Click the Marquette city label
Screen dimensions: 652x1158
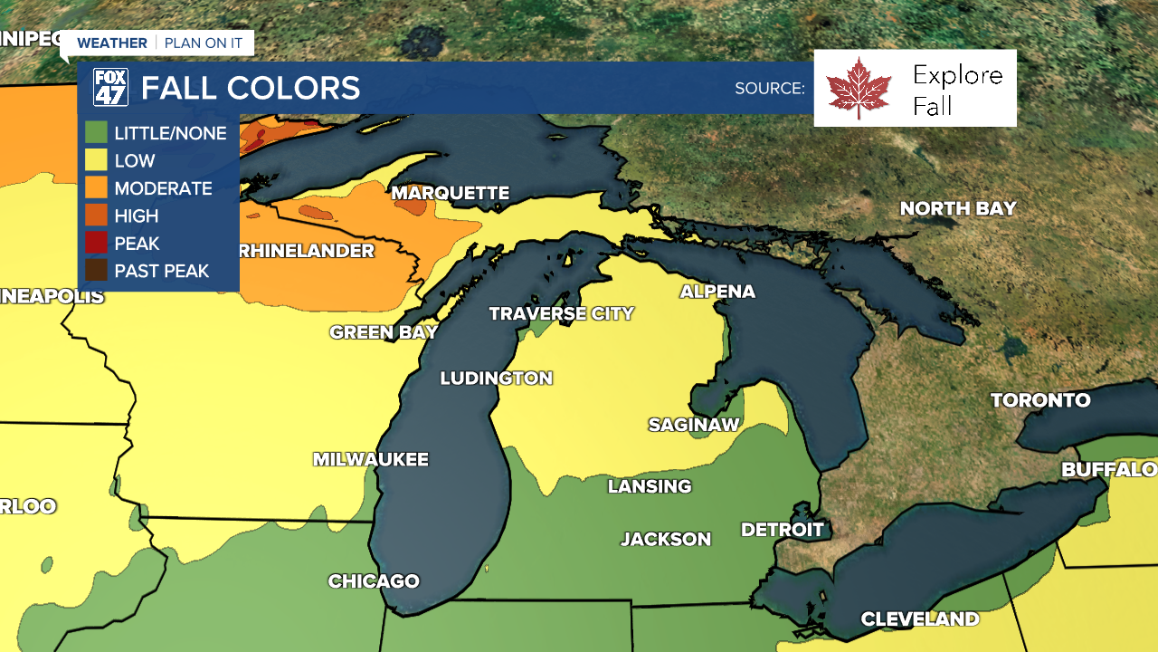(450, 193)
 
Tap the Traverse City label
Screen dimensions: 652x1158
(561, 313)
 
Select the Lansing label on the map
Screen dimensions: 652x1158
(649, 486)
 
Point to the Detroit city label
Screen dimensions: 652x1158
(782, 530)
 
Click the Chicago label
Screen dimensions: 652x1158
(374, 581)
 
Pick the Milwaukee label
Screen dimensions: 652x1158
(370, 460)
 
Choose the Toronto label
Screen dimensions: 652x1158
(1040, 400)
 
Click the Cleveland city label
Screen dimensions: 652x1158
(919, 619)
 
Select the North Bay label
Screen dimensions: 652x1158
(958, 208)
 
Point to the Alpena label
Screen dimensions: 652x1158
(717, 292)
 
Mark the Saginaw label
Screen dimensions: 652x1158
(694, 425)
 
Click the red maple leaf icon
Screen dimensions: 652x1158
(859, 88)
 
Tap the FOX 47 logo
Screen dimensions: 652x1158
(110, 88)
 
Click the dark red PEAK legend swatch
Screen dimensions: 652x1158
(96, 244)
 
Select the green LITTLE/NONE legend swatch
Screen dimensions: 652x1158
(96, 133)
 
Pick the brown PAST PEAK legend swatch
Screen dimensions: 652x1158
(96, 271)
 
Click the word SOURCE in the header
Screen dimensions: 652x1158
(769, 89)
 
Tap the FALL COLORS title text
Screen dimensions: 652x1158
(251, 88)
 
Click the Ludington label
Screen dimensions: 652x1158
(496, 379)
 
